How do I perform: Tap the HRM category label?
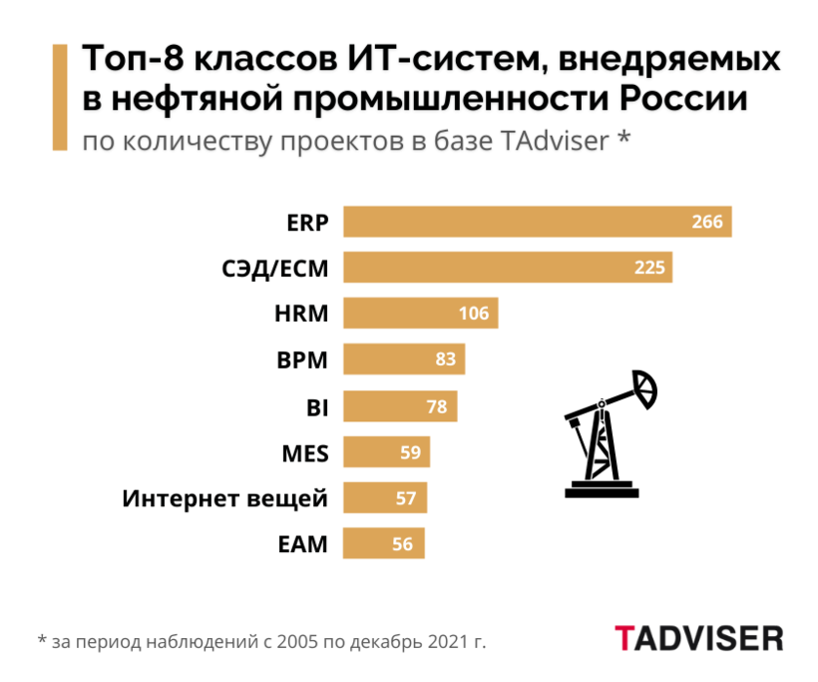click(x=301, y=314)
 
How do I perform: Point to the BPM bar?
click(x=404, y=359)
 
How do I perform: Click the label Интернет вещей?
click(x=225, y=498)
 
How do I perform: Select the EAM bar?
click(x=384, y=544)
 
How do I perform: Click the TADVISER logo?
click(x=698, y=638)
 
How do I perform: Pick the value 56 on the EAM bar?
click(x=403, y=544)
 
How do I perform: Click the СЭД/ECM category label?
click(x=280, y=268)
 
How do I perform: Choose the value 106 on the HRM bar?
click(x=474, y=314)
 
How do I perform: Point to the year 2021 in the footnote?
click(x=444, y=640)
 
